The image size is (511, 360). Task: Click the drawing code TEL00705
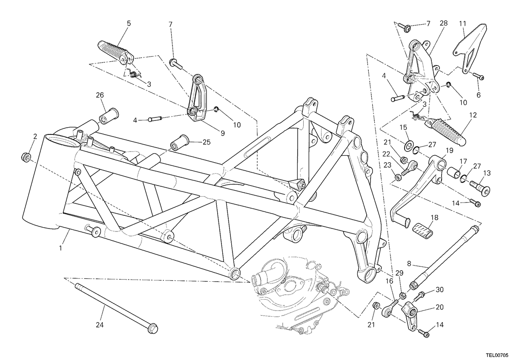[x=497, y=355]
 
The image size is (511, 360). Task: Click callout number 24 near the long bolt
[x=100, y=325]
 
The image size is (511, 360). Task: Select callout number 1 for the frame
[x=60, y=248]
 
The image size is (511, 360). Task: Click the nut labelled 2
[x=26, y=157]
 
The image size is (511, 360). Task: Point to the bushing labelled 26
[x=109, y=116]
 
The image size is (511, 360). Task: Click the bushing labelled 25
[x=180, y=143]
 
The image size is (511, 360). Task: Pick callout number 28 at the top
[x=443, y=23]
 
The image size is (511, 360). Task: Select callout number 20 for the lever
[x=439, y=307]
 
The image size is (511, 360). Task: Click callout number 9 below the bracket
[x=223, y=133]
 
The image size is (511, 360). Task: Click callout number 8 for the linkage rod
[x=409, y=264]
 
